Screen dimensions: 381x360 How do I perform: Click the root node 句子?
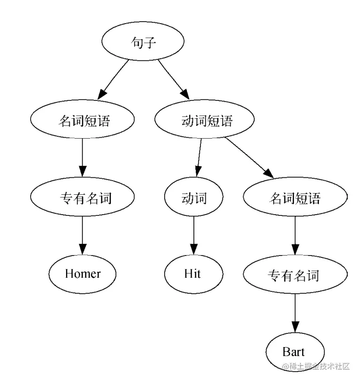coord(142,43)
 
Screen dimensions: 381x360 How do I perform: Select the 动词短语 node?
coord(204,121)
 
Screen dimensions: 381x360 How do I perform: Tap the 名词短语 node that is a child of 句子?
coord(83,121)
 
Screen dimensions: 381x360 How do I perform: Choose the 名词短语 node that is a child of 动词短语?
coord(295,198)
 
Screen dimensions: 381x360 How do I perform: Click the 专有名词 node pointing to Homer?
coord(83,198)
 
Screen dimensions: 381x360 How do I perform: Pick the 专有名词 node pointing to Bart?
coord(295,274)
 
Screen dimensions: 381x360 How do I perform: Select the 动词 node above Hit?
coord(194,198)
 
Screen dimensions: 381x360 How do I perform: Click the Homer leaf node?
coord(83,273)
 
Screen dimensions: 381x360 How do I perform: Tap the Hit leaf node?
coord(193,273)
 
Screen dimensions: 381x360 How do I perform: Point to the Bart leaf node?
coord(295,351)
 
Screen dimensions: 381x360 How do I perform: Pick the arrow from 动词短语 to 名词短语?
coord(249,157)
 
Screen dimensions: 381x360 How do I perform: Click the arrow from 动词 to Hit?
coord(193,236)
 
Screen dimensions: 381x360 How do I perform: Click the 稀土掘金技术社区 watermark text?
coord(315,366)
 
